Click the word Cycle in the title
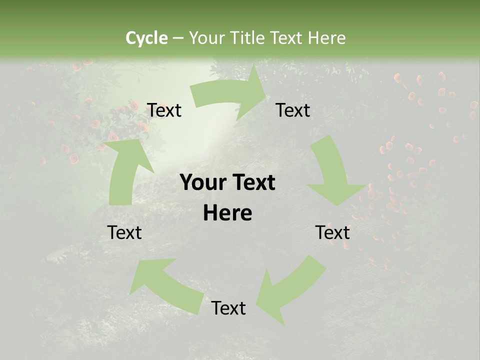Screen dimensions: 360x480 [x=146, y=38]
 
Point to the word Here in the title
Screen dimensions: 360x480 [x=327, y=38]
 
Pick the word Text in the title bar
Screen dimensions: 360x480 [x=288, y=38]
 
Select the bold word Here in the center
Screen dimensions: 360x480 [x=227, y=213]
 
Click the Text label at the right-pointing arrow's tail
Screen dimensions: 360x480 [x=164, y=110]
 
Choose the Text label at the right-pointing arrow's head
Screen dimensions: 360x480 [x=293, y=110]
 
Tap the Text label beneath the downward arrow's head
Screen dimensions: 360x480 [x=332, y=232]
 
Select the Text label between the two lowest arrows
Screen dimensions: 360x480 [x=228, y=308]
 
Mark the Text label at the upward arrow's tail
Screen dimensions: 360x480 [x=124, y=232]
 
